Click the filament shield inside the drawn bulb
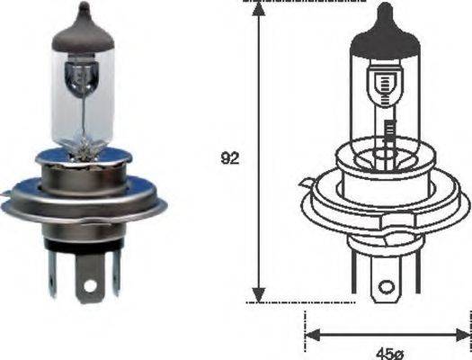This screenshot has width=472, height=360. (x=387, y=86)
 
